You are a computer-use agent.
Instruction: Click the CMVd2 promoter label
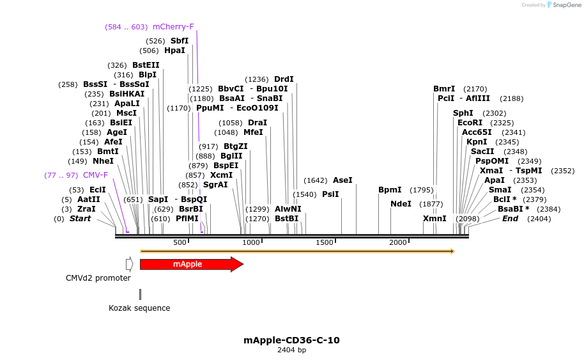pos(98,278)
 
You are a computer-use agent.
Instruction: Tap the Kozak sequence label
pos(139,308)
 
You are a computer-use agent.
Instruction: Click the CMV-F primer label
pos(95,175)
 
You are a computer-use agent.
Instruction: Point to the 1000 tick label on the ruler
pos(250,243)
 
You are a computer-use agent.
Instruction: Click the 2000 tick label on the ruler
pos(398,243)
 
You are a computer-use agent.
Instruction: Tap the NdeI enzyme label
pos(401,204)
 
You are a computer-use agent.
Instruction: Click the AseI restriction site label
pos(342,180)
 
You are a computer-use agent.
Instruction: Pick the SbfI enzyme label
pos(180,41)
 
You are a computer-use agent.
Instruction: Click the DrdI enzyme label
pos(284,79)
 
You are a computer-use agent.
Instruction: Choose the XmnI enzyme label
pos(434,219)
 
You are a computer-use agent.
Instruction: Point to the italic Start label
pos(80,219)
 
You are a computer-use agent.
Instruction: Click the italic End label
pos(510,219)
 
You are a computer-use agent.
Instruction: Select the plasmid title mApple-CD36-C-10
pos(291,340)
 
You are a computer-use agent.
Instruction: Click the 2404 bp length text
pos(291,350)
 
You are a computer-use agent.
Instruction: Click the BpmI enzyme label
pos(390,190)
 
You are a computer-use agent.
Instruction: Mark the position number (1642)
pos(316,180)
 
